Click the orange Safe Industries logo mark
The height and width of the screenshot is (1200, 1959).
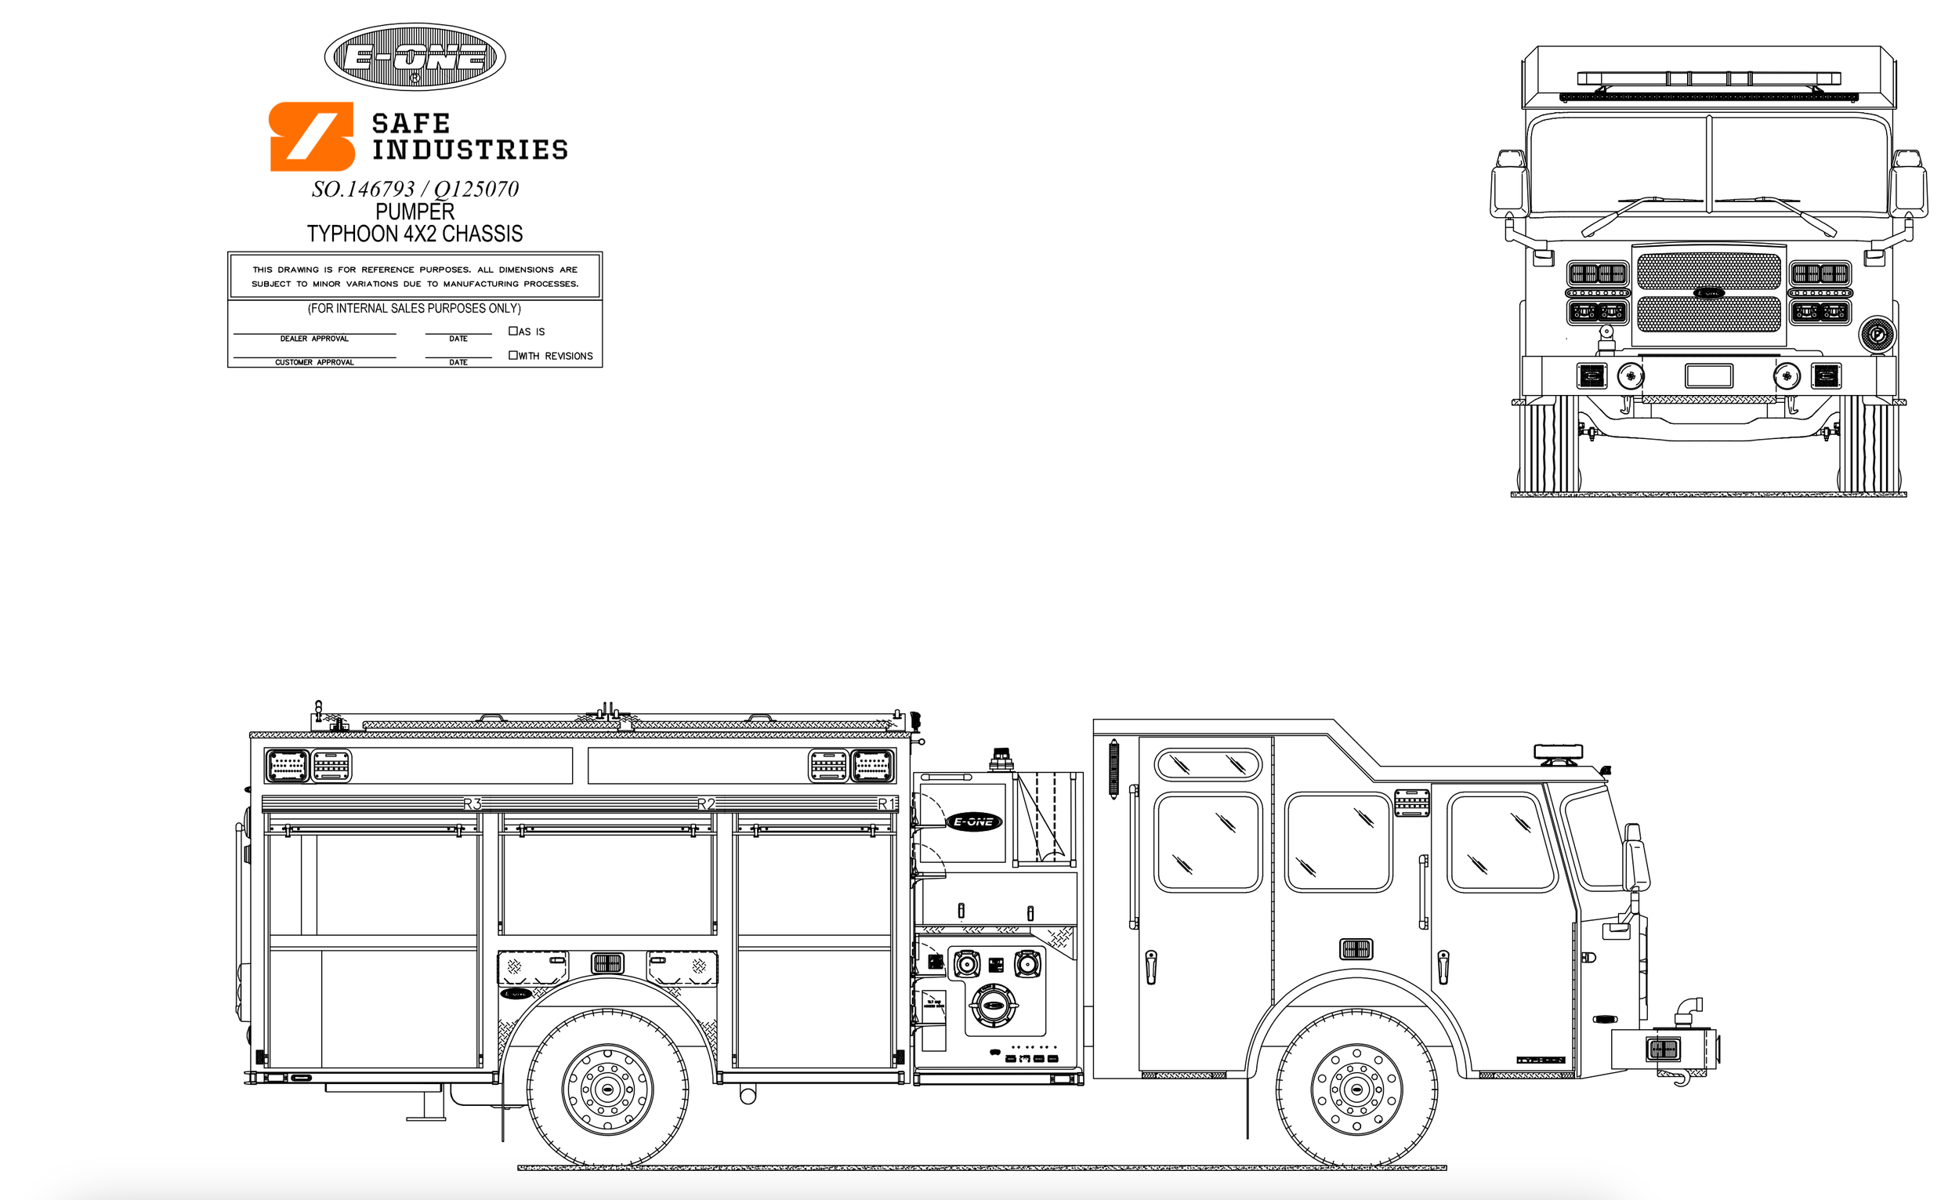312,136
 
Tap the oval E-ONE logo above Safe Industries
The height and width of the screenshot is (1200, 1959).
415,56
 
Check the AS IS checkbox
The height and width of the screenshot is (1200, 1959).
512,331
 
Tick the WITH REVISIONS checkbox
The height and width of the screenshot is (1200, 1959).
512,356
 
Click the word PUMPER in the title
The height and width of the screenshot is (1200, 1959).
415,212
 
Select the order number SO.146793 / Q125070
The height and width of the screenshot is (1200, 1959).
415,189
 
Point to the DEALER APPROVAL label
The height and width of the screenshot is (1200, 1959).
314,339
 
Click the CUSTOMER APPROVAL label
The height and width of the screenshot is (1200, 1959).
314,363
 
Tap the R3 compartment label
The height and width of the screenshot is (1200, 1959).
473,804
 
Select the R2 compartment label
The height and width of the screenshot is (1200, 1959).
706,804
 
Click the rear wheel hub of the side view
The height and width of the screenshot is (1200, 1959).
607,1089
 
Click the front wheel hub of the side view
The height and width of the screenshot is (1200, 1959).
1356,1089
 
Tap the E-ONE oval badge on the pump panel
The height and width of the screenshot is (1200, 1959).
974,822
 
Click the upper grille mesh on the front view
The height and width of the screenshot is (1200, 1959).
1708,271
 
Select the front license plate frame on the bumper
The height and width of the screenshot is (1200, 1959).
1708,375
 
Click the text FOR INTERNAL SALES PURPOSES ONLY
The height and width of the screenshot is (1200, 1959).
415,309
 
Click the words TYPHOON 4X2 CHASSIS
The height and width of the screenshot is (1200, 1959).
415,234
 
